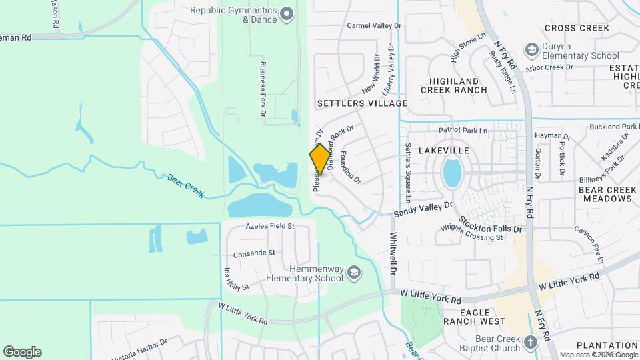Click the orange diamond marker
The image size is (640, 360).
321,159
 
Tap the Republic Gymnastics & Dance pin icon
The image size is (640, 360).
287,13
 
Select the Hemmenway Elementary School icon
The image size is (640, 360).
354,272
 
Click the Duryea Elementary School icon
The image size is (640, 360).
531,49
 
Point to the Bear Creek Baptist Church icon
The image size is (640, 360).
530,343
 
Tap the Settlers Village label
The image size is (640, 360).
362,103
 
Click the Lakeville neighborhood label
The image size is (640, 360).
444,151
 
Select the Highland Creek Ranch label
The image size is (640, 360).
463,85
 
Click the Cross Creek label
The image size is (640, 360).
577,28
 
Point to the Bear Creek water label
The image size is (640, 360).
185,186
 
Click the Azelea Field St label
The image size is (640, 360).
270,226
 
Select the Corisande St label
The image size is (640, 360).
254,253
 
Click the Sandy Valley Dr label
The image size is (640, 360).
423,210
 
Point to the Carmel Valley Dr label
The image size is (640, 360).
375,25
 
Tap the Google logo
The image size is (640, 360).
22,352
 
